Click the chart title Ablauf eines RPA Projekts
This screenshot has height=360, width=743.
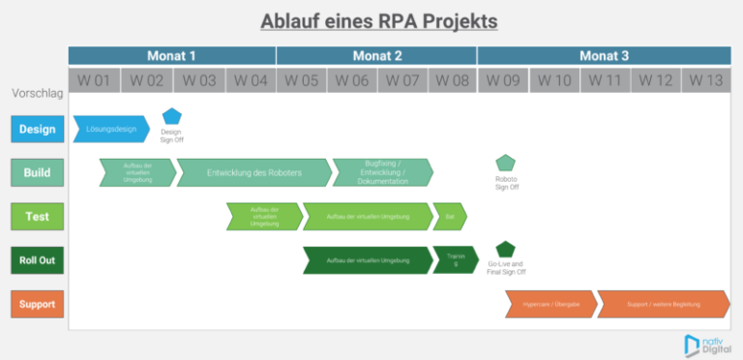pyautogui.click(x=371, y=20)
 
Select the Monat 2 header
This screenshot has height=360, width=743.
pyautogui.click(x=377, y=56)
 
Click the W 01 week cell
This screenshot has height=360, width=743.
pyautogui.click(x=94, y=80)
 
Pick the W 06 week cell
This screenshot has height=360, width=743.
pyautogui.click(x=352, y=80)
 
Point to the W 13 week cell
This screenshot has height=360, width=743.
pyautogui.click(x=706, y=80)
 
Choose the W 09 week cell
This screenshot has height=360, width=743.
pyautogui.click(x=503, y=80)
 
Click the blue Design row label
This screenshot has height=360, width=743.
pyautogui.click(x=38, y=128)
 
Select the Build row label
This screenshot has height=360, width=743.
pyautogui.click(x=38, y=173)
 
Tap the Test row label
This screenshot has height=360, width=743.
pyautogui.click(x=38, y=218)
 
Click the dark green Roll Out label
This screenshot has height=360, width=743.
pyautogui.click(x=38, y=260)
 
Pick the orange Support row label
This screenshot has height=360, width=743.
pyautogui.click(x=38, y=304)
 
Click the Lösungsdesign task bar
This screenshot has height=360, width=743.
pyautogui.click(x=110, y=129)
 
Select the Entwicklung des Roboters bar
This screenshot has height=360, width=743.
pyautogui.click(x=253, y=173)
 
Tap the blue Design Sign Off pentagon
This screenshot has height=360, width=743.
pyautogui.click(x=171, y=117)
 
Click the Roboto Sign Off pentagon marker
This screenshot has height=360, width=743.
pyautogui.click(x=506, y=163)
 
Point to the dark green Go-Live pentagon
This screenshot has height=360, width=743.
pyautogui.click(x=505, y=249)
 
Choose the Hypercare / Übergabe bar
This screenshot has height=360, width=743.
pyautogui.click(x=550, y=304)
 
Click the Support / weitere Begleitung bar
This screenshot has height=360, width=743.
pyautogui.click(x=663, y=304)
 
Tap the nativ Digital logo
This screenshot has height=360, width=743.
pyautogui.click(x=704, y=344)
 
